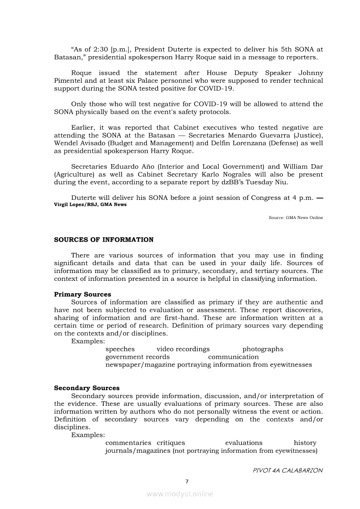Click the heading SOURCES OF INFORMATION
tap(104, 240)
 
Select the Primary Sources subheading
tap(82, 294)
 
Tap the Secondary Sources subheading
tap(87, 388)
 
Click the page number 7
tap(187, 482)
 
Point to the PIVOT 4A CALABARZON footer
tap(288, 471)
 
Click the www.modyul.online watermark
tap(180, 494)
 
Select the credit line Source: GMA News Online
tap(296, 218)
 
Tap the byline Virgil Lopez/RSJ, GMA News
tap(90, 205)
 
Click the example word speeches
tap(120, 349)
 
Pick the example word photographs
tap(263, 349)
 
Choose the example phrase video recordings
tap(183, 349)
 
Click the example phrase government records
tap(137, 357)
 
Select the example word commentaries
tap(128, 443)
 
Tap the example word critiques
tap(171, 443)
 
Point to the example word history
tap(305, 443)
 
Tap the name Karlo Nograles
tap(228, 175)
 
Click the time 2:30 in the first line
tap(102, 50)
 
